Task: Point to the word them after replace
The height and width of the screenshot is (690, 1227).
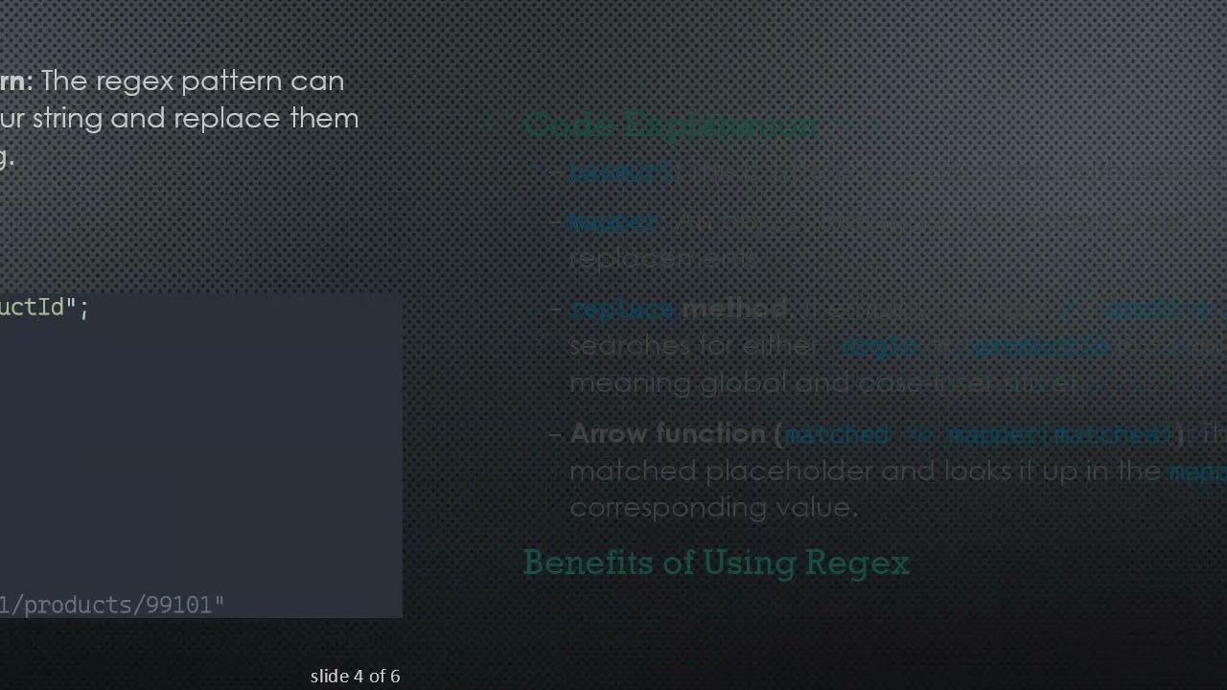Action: coord(324,119)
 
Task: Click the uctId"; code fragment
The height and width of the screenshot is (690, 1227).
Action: coord(43,308)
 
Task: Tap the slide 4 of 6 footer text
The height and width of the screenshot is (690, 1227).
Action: coord(355,677)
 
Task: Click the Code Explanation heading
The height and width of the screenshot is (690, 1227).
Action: coord(671,126)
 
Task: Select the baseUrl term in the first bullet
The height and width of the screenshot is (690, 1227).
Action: coord(621,172)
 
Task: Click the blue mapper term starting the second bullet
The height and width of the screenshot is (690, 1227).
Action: coord(613,221)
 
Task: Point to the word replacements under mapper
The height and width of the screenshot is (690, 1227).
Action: coord(662,259)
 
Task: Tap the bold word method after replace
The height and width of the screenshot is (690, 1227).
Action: coord(734,309)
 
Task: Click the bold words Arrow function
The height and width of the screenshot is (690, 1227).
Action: coord(670,434)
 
